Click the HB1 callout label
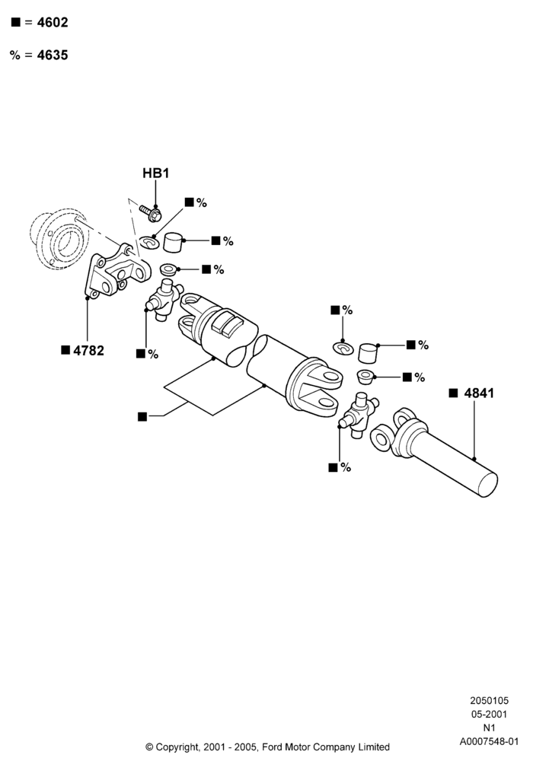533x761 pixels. [x=156, y=174]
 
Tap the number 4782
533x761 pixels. [x=88, y=350]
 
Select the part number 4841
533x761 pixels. [x=479, y=393]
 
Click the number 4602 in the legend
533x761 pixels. [x=53, y=22]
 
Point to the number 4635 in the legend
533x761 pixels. [x=53, y=56]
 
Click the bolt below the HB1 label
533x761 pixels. [x=151, y=212]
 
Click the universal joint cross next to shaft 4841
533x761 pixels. [x=359, y=414]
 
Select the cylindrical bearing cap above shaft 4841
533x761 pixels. [x=368, y=353]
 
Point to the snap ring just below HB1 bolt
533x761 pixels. [x=149, y=241]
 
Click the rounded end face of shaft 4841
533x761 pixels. [x=488, y=485]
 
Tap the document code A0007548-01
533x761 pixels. [x=489, y=741]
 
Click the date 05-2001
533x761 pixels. [x=489, y=715]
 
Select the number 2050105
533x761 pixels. [x=489, y=701]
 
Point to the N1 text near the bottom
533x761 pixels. [x=489, y=728]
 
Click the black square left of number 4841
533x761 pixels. [x=453, y=393]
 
